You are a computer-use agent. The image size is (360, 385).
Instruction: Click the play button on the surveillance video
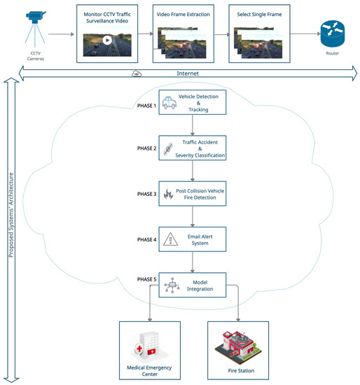point(106,40)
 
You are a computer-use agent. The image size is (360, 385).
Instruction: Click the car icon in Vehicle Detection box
point(169,104)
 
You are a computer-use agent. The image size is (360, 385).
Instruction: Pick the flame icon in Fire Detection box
point(169,195)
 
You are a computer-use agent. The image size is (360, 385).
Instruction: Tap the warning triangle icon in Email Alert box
point(169,239)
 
